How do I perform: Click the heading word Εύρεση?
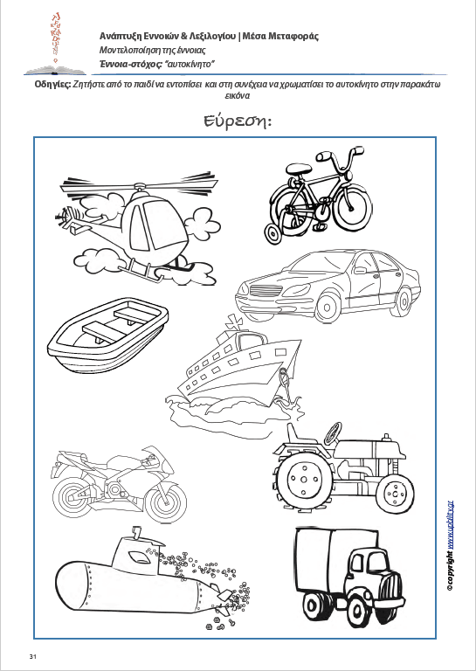(238, 122)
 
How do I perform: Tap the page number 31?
(32, 656)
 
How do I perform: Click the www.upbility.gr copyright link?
(450, 524)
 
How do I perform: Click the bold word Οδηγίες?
(53, 84)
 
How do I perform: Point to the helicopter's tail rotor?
(65, 218)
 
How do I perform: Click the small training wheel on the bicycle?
(273, 233)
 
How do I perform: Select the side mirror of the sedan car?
(360, 271)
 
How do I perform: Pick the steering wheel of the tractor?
(332, 434)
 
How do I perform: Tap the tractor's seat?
(300, 437)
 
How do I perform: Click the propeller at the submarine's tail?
(224, 596)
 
